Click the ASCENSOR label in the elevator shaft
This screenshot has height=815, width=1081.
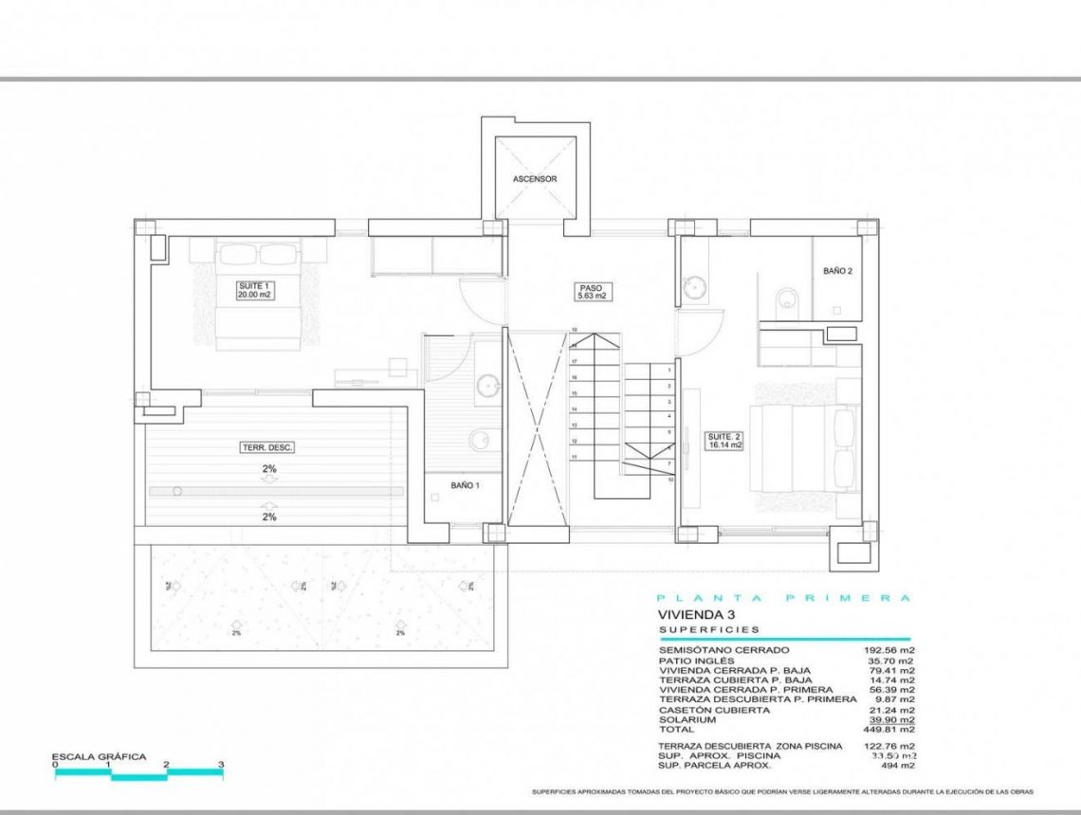[x=534, y=178]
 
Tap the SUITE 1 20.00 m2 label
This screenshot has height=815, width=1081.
[x=254, y=290]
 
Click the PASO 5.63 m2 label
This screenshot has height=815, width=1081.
[x=592, y=292]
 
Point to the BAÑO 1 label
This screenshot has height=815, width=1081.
[x=465, y=485]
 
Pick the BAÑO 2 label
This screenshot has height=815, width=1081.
[x=837, y=271]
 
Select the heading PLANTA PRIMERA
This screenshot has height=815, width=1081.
[x=783, y=598]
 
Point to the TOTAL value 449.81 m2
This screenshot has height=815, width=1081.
[x=892, y=730]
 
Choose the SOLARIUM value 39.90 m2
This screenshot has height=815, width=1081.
[x=892, y=719]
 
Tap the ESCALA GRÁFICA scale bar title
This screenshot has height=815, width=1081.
[x=101, y=756]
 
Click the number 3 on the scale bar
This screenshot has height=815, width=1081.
[x=221, y=765]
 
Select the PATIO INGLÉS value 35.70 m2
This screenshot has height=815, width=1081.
[x=892, y=661]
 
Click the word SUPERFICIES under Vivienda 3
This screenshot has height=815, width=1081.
[x=709, y=629]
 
